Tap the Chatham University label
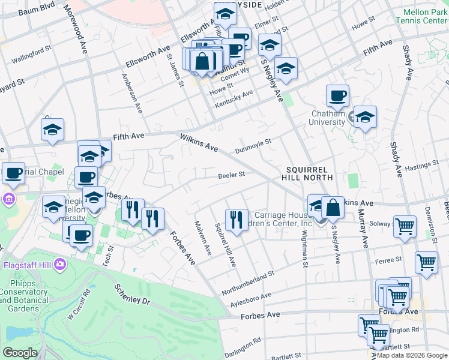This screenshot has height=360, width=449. pos(328,118)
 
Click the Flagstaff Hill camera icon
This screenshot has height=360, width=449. pos(59,263)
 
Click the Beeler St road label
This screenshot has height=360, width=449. pos(231,175)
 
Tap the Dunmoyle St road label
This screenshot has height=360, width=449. pos(253,145)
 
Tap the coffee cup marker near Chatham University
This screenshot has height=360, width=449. pos(337,95)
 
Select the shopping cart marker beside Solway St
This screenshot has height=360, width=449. pos(405,227)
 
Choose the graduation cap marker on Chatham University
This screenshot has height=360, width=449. pos(365,117)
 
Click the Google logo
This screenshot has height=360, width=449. pos(20,353)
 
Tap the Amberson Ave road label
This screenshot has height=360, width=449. pos(132,94)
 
